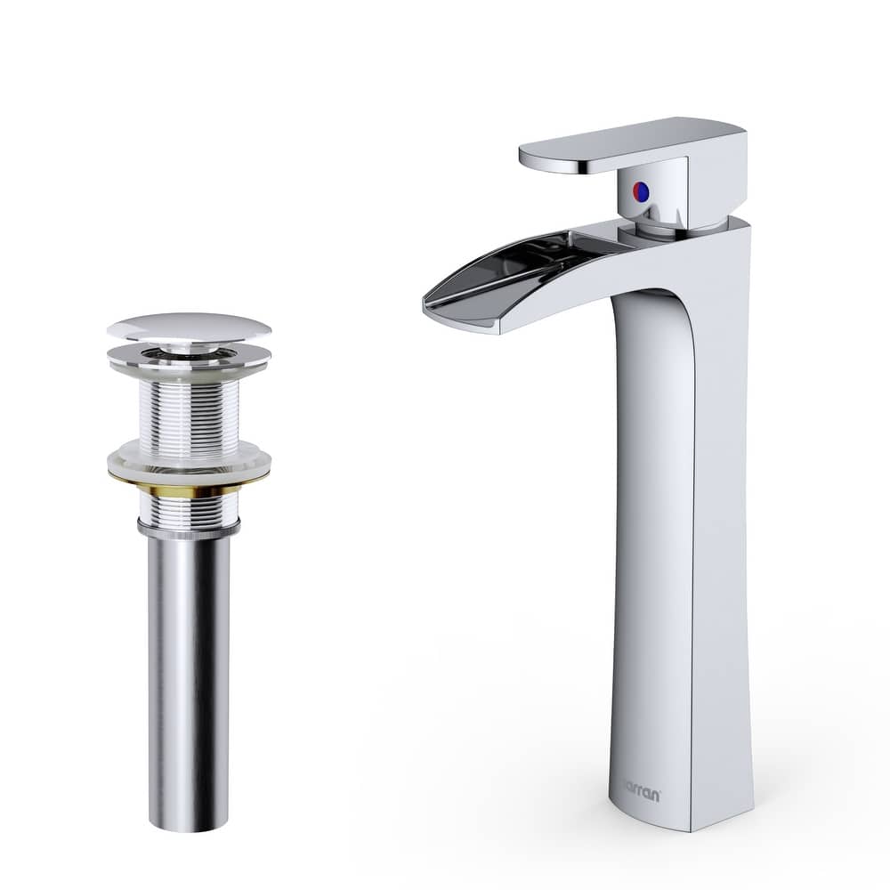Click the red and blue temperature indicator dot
tap(639, 190)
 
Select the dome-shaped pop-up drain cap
tap(189, 327)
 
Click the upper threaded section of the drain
tap(189, 409)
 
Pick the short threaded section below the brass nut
tap(189, 509)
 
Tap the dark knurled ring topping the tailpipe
tap(189, 530)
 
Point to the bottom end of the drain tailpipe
tap(189, 826)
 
